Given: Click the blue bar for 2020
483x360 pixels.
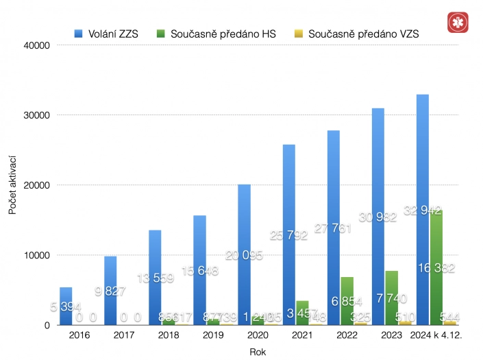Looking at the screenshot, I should [245, 254].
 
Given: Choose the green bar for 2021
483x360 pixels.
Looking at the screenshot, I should [302, 313].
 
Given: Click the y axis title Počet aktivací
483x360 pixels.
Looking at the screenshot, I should [12, 185].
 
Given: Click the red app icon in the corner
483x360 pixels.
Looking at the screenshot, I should [455, 22].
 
